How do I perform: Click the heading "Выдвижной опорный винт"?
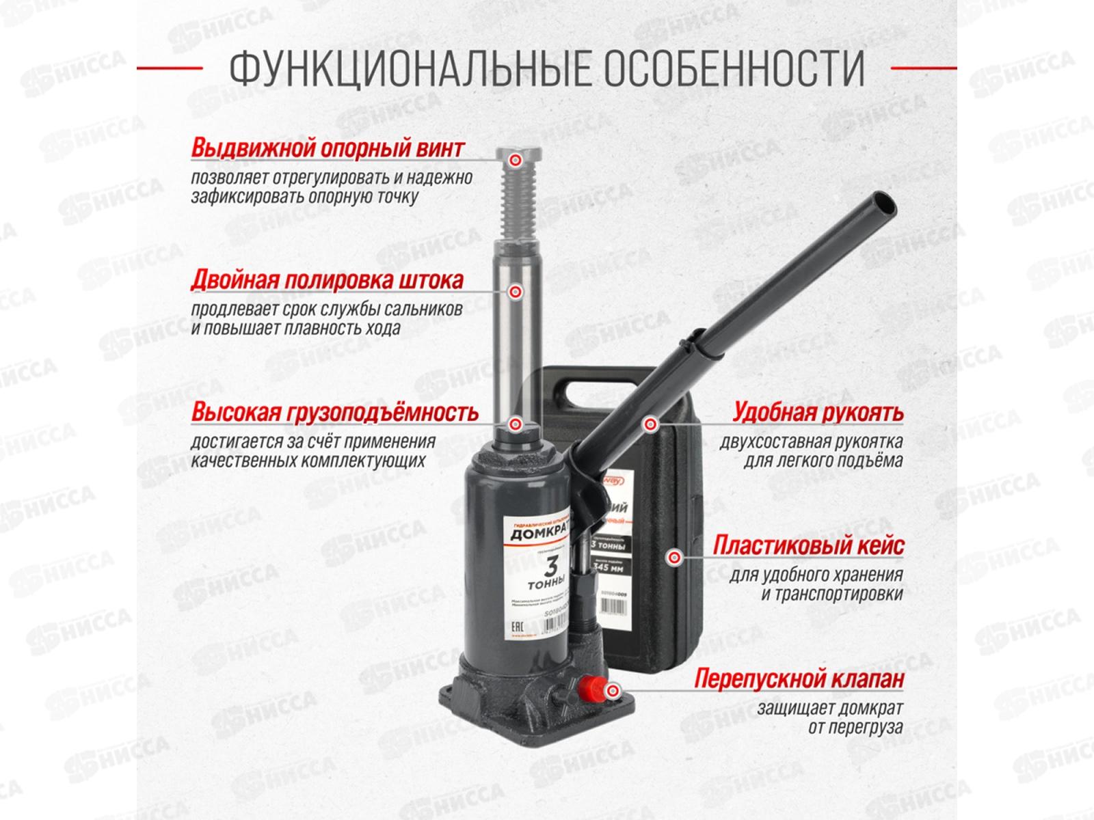click(328, 148)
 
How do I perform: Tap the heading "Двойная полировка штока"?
click(328, 280)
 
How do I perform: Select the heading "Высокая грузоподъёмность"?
click(334, 413)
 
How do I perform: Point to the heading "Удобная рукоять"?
click(818, 413)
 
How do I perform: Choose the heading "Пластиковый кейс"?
click(808, 546)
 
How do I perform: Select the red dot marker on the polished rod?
click(516, 292)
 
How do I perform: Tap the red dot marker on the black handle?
click(648, 424)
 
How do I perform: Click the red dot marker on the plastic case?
click(676, 557)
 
